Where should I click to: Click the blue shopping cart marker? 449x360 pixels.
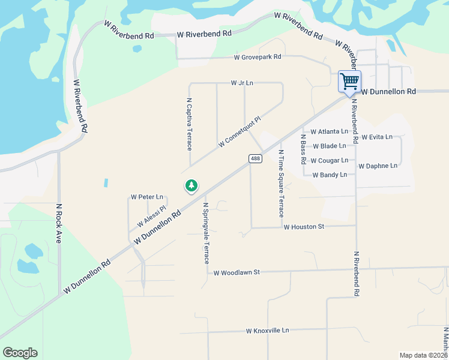point(349,81)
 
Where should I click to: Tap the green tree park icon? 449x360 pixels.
point(191,186)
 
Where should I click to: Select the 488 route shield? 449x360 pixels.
point(255,158)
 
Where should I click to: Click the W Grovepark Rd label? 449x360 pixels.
point(258,58)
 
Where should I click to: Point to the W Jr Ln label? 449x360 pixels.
point(242,83)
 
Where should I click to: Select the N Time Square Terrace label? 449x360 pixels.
point(280,183)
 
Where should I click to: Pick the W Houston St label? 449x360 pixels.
point(304,227)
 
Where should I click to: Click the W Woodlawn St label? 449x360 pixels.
point(237,272)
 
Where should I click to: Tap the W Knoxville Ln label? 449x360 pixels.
point(267,331)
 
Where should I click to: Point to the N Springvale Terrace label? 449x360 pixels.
point(205,233)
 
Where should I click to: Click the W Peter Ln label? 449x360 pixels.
point(147,197)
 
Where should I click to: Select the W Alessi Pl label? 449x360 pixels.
point(151,216)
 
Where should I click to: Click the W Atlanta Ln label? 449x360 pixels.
point(329,131)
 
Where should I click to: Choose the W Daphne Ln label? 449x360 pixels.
point(378,166)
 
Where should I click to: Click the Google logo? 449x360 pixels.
point(20,353)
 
